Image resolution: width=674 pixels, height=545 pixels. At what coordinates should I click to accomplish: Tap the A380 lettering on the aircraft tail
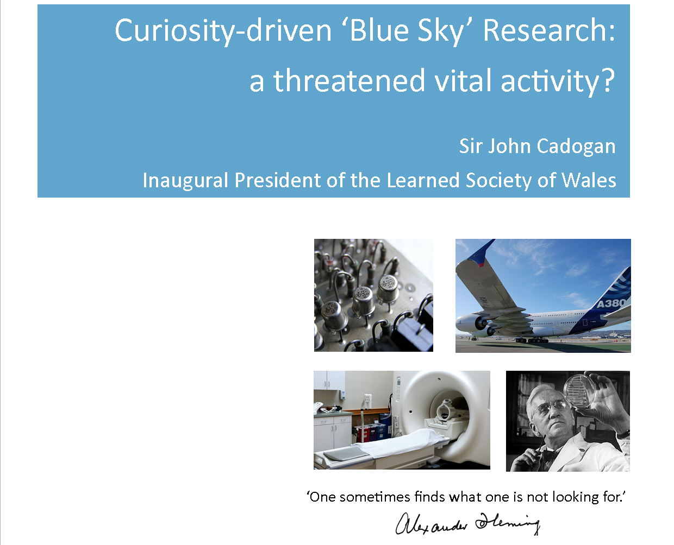point(611,303)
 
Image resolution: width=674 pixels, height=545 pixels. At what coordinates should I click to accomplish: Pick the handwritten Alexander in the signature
point(431,524)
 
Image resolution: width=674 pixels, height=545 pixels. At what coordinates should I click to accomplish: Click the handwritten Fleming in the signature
point(507,523)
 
